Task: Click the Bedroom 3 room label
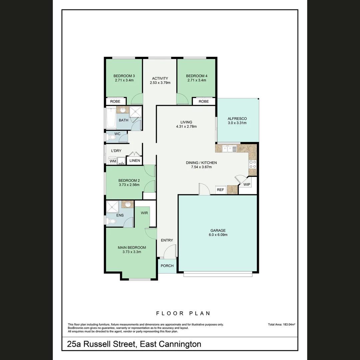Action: tap(124, 76)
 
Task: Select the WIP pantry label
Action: tap(247, 184)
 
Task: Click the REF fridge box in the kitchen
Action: tap(220, 190)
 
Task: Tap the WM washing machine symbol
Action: tap(113, 161)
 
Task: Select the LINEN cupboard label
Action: tap(135, 161)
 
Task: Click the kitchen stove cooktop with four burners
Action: tap(253, 164)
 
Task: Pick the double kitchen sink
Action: tap(228, 149)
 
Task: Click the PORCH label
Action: tap(167, 266)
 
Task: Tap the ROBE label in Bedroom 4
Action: tap(203, 101)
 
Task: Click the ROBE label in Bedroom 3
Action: tap(115, 101)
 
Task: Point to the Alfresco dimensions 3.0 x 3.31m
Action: tap(237, 123)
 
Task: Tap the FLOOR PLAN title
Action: tap(183, 313)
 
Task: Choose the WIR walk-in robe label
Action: tap(144, 212)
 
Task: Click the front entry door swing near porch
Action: tap(170, 251)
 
